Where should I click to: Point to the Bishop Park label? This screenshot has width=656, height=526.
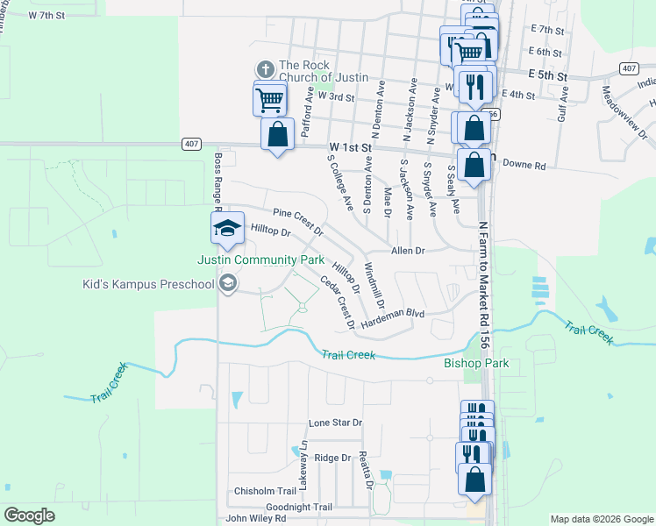coord(476,363)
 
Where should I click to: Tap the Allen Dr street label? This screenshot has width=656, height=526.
coord(408,251)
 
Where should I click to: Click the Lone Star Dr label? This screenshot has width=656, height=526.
coord(335,423)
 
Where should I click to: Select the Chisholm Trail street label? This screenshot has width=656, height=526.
coord(266,491)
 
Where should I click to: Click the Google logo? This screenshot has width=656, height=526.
coord(29,515)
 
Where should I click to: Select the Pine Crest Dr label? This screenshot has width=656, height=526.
coord(298,223)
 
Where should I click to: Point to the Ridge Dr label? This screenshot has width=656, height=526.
coord(332,458)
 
